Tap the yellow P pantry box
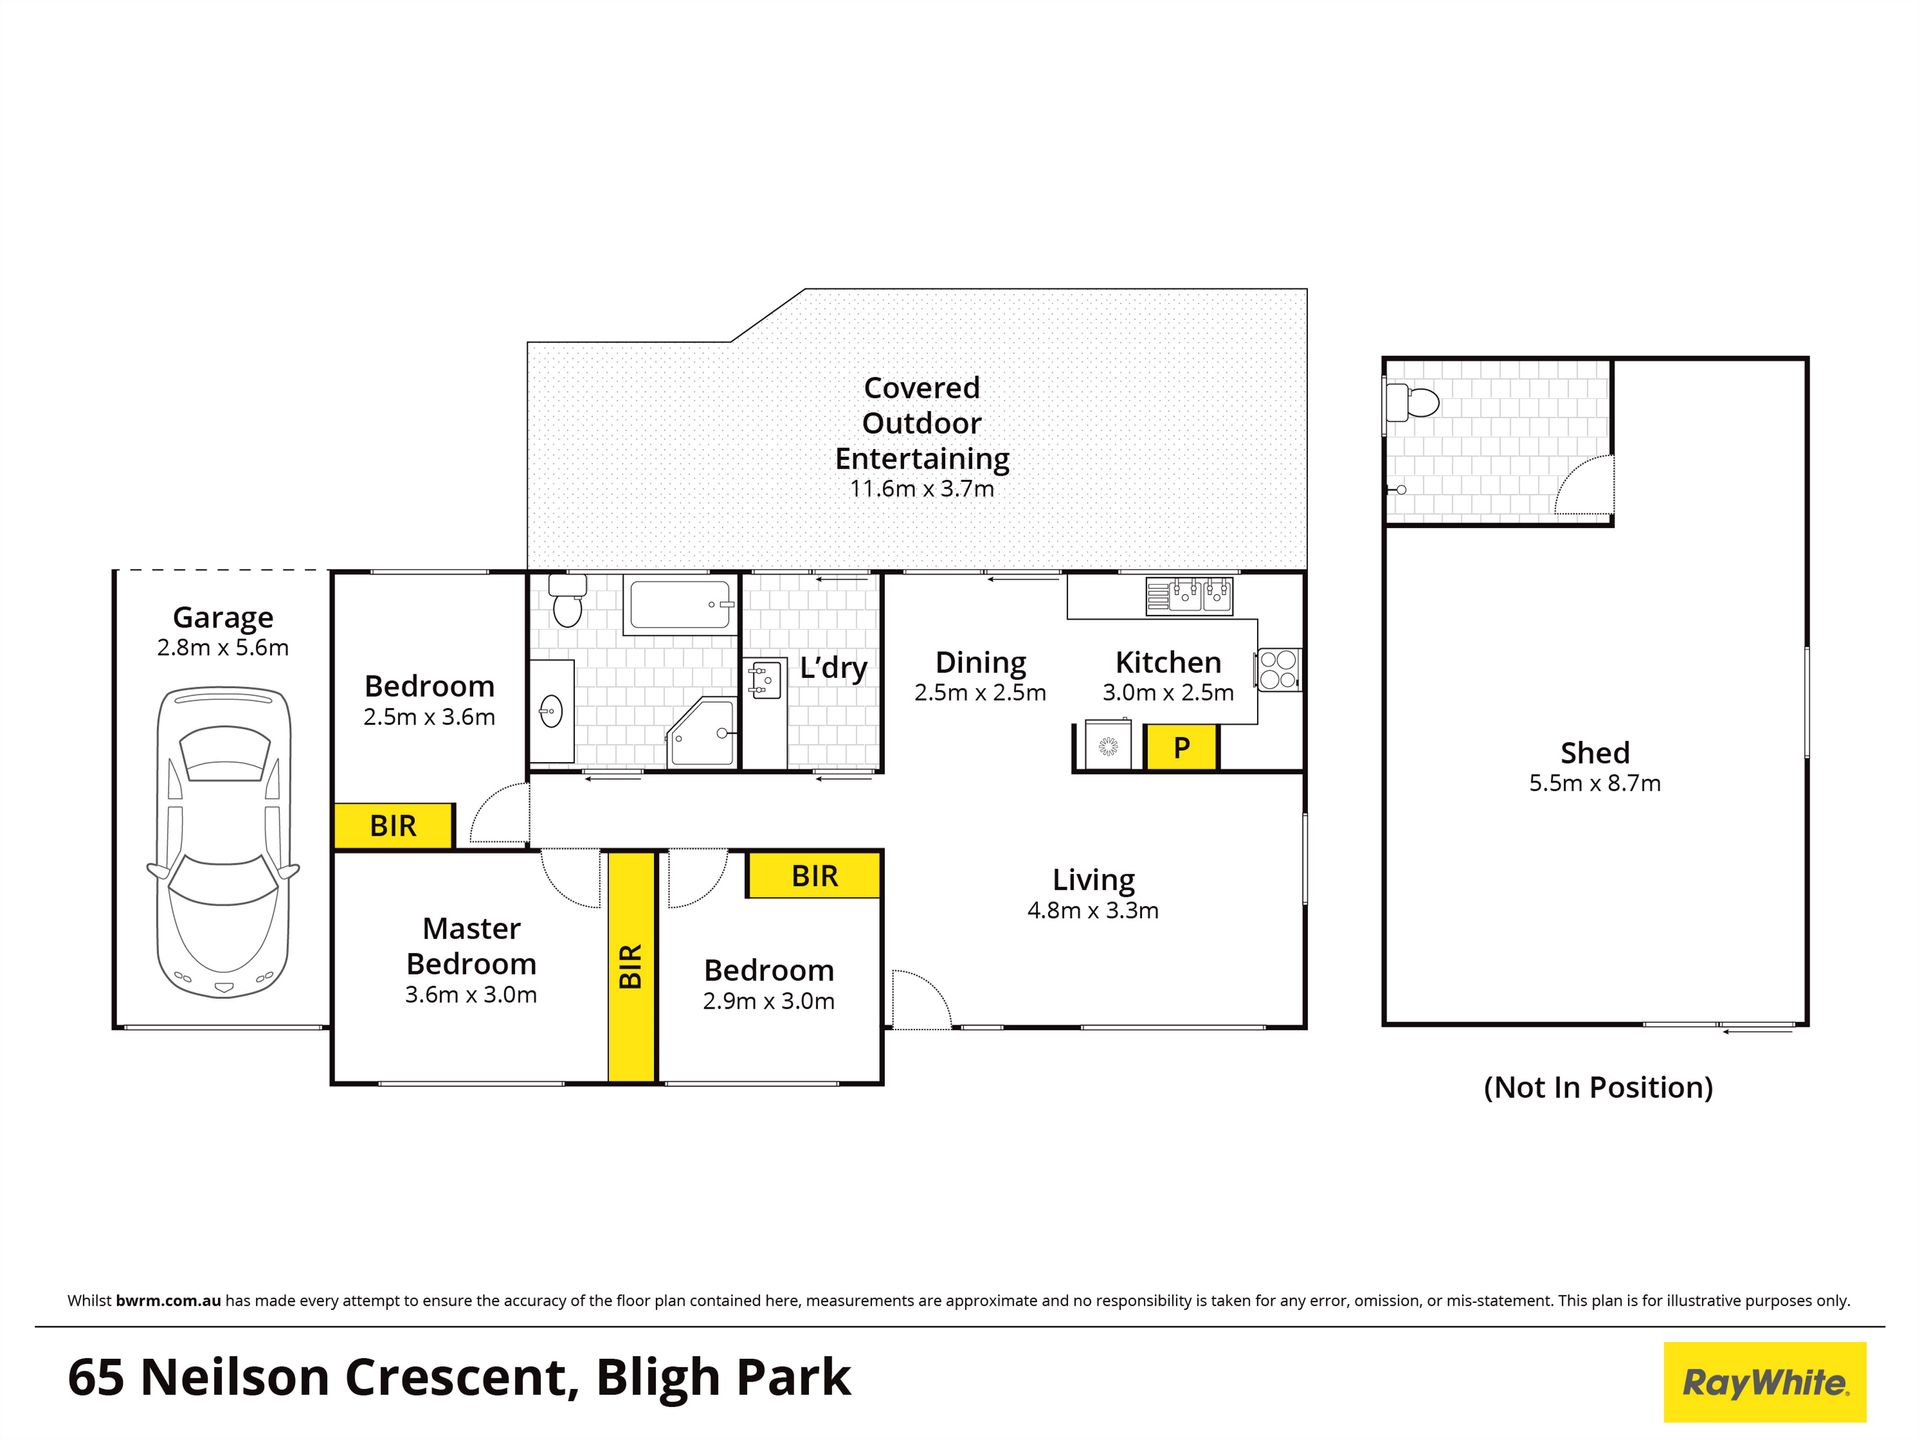[1181, 747]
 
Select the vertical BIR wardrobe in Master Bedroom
[631, 967]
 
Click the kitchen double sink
[1189, 595]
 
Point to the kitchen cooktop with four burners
[1278, 670]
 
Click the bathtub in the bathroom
[680, 605]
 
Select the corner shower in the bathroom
[702, 732]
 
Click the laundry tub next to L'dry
[764, 680]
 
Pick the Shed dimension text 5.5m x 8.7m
[1595, 783]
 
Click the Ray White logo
[1765, 1382]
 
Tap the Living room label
[1093, 880]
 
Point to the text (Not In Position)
[1598, 1087]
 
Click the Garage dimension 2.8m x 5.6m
[223, 648]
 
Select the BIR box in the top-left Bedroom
[393, 826]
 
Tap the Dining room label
[980, 663]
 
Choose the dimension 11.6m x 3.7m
[922, 489]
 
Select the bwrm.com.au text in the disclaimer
[168, 1301]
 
